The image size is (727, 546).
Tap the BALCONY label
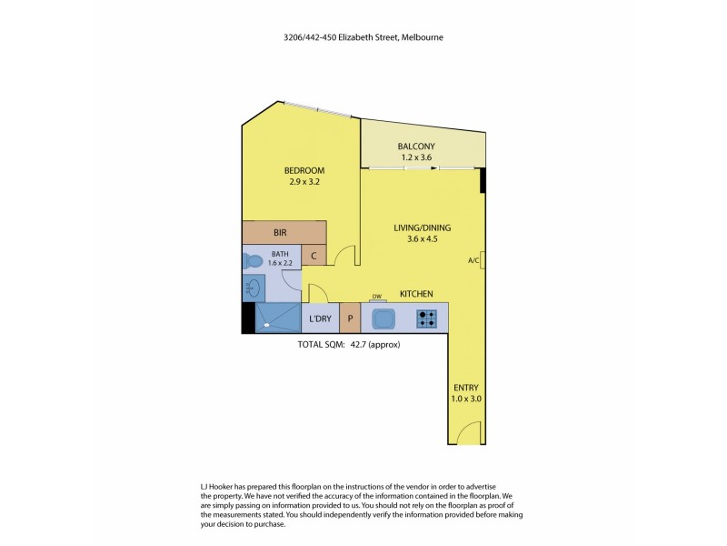pos(416,147)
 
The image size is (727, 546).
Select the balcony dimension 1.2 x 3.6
pos(416,157)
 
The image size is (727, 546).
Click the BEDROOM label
pos(304,170)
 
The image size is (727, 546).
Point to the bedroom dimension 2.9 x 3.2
pos(304,182)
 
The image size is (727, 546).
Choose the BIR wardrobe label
pos(280,233)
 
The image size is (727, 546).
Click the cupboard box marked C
pos(314,257)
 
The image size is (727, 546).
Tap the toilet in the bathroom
pos(253,262)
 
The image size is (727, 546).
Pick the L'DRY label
pos(320,318)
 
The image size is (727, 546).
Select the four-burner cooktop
pos(427,318)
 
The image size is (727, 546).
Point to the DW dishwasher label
pos(376,296)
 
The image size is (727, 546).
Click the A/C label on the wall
pos(473,261)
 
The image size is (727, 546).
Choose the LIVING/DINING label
pos(422,227)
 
